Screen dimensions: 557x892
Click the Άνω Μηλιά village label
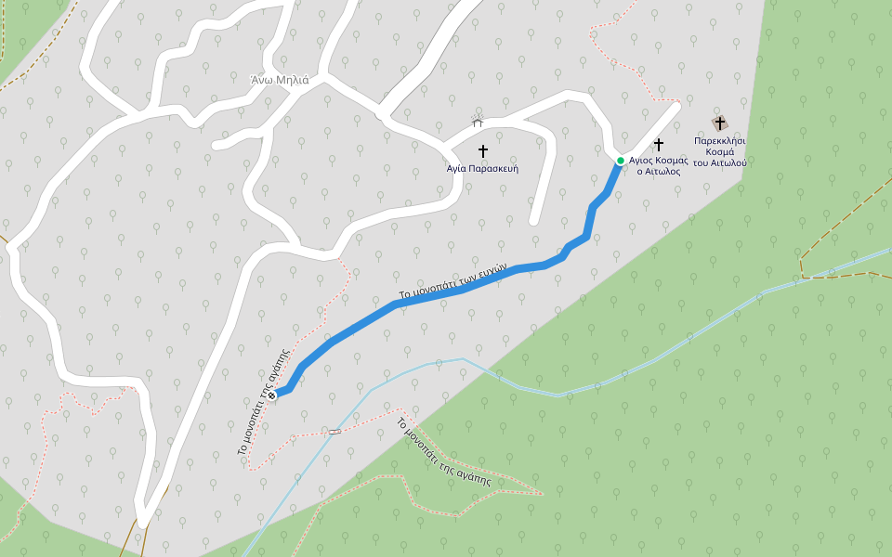pyautogui.click(x=279, y=79)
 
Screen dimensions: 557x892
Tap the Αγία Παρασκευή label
pyautogui.click(x=482, y=169)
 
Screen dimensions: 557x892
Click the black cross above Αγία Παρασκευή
pyautogui.click(x=482, y=150)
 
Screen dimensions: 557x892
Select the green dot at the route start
pyautogui.click(x=621, y=161)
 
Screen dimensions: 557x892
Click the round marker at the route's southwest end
pyautogui.click(x=272, y=396)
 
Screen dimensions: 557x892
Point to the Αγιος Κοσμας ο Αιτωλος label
pyautogui.click(x=658, y=165)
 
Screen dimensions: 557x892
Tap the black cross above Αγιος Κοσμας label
pyautogui.click(x=659, y=145)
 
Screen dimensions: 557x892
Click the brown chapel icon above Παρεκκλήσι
pyautogui.click(x=719, y=123)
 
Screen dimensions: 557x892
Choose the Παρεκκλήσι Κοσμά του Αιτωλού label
pyautogui.click(x=719, y=151)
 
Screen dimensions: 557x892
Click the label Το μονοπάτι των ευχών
pyautogui.click(x=452, y=281)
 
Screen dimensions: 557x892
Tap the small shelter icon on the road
pyautogui.click(x=478, y=123)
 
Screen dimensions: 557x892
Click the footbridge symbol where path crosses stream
pyautogui.click(x=334, y=432)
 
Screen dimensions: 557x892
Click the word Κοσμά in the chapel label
pyautogui.click(x=720, y=151)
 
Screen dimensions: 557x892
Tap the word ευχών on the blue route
pyautogui.click(x=493, y=269)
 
